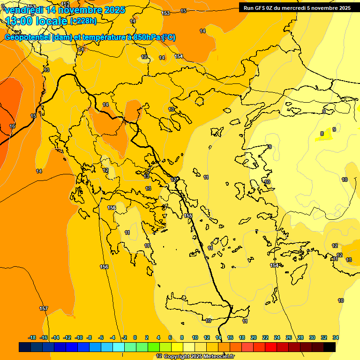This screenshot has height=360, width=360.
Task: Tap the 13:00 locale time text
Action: pyautogui.click(x=37, y=21)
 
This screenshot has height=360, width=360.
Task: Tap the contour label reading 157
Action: pyautogui.click(x=44, y=308)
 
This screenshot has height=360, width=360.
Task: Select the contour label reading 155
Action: pyautogui.click(x=188, y=216)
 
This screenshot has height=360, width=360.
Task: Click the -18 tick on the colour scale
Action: pyautogui.click(x=32, y=337)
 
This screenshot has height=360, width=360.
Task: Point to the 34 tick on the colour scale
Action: pyautogui.click(x=336, y=337)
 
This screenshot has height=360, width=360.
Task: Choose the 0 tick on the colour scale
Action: pyautogui.click(x=135, y=337)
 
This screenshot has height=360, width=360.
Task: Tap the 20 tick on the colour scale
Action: pyautogui.click(x=254, y=337)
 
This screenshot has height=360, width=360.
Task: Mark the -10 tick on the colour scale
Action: pyautogui.click(x=79, y=337)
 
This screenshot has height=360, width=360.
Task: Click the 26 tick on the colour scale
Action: pyautogui.click(x=289, y=337)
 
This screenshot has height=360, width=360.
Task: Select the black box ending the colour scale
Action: pyautogui.click(x=330, y=347)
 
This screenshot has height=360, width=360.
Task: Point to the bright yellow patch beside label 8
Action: pyautogui.click(x=327, y=135)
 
